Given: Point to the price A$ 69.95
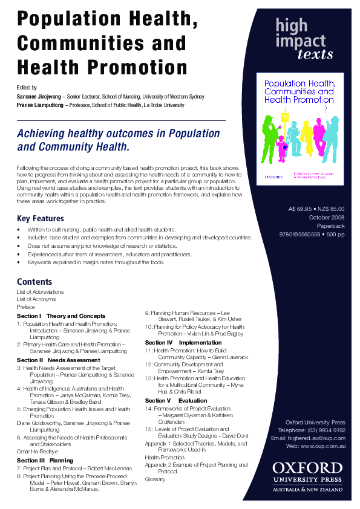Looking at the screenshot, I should (x=301, y=209).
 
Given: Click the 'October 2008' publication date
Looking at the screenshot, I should (x=327, y=217).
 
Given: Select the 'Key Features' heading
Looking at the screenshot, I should (x=40, y=218).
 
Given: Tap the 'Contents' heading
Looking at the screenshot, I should (x=34, y=282).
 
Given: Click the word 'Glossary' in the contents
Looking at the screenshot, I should (x=154, y=479).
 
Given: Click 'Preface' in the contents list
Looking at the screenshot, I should (x=26, y=307).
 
